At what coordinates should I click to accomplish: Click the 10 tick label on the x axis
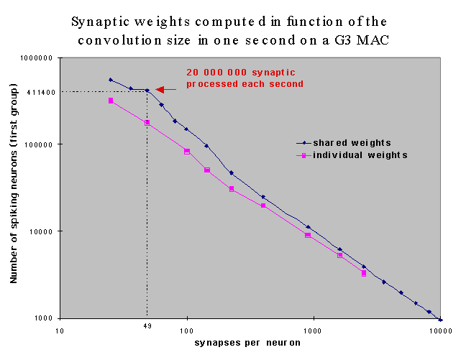tap(62, 331)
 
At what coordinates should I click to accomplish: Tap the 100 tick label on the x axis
tap(187, 331)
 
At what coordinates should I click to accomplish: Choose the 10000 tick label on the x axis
tap(440, 331)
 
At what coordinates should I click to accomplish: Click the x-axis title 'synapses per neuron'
tap(247, 343)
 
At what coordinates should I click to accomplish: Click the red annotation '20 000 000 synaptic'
tap(241, 73)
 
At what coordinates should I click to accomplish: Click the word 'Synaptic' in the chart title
tap(101, 21)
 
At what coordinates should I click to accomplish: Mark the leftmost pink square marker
tap(111, 101)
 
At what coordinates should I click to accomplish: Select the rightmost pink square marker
tap(364, 273)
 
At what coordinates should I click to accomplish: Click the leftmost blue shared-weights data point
tap(111, 80)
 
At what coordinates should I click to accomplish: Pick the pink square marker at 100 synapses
tap(187, 152)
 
